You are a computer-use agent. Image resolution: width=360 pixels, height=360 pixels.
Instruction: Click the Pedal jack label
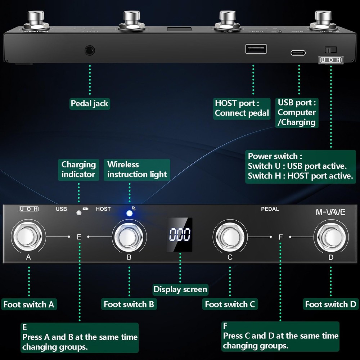click(x=89, y=104)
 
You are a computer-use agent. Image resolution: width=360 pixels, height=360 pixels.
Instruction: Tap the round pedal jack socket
click(x=90, y=50)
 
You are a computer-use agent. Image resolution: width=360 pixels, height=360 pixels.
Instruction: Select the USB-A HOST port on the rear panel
click(x=256, y=49)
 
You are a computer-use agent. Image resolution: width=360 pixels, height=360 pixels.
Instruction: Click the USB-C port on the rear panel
click(x=298, y=53)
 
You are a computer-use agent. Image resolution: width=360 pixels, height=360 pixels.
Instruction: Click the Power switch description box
click(x=300, y=166)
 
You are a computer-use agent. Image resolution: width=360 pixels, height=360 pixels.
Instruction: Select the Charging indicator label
click(x=78, y=170)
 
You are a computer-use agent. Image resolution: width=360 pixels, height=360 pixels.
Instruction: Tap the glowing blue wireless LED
click(x=129, y=213)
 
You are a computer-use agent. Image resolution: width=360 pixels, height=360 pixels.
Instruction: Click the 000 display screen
click(x=180, y=235)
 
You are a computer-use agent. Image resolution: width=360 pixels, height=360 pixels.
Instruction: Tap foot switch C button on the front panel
click(x=230, y=237)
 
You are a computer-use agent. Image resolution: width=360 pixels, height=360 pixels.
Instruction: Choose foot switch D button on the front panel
click(x=331, y=237)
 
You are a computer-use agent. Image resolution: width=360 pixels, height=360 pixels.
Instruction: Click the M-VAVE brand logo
click(x=330, y=212)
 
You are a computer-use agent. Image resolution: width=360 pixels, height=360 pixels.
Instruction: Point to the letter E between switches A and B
click(x=79, y=237)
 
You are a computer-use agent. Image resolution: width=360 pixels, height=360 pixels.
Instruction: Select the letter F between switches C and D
click(x=281, y=237)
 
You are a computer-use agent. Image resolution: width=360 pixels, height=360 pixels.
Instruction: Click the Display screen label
click(x=180, y=289)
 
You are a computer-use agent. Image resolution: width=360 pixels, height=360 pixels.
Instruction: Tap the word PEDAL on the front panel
click(x=270, y=209)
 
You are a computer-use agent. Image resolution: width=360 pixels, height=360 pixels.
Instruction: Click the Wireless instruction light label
click(x=137, y=170)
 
